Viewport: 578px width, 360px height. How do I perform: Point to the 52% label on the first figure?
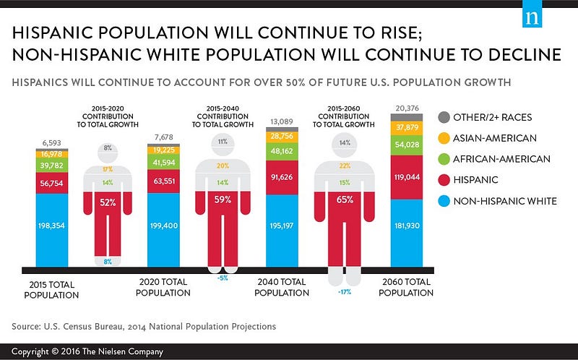tap(108, 202)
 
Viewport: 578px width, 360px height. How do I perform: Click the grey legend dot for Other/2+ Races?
tap(444, 118)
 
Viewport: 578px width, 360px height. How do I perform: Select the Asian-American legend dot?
tap(444, 138)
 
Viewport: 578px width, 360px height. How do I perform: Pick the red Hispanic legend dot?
tap(444, 180)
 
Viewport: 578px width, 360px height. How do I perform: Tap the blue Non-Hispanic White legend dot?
tap(444, 201)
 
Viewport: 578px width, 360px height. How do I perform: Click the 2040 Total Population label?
tap(283, 287)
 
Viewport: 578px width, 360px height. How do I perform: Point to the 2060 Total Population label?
tap(407, 287)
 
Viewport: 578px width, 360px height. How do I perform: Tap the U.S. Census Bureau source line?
tap(143, 326)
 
